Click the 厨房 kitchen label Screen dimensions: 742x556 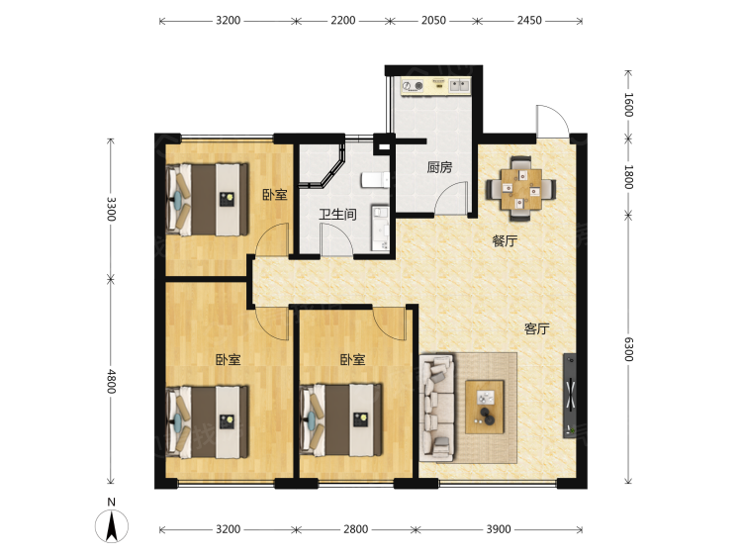tap(439, 167)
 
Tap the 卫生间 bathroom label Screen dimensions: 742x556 tap(337, 215)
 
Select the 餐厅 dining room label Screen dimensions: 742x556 tap(505, 240)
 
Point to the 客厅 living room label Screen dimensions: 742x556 tap(536, 328)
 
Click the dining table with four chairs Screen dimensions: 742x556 tap(521, 188)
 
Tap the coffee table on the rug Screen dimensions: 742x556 tap(484, 407)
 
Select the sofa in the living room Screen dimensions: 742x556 tap(436, 409)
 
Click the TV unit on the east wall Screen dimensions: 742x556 tap(570, 396)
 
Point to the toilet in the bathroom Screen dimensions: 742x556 tap(375, 180)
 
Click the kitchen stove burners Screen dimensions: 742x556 tap(413, 86)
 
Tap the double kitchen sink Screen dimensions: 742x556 tap(459, 86)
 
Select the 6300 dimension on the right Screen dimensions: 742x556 tap(628, 349)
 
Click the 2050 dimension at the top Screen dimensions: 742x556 tap(433, 21)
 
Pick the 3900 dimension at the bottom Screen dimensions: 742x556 tap(499, 529)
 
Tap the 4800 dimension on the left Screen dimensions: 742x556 tap(111, 382)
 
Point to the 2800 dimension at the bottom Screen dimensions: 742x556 tap(355, 529)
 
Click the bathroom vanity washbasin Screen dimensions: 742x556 tap(380, 228)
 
